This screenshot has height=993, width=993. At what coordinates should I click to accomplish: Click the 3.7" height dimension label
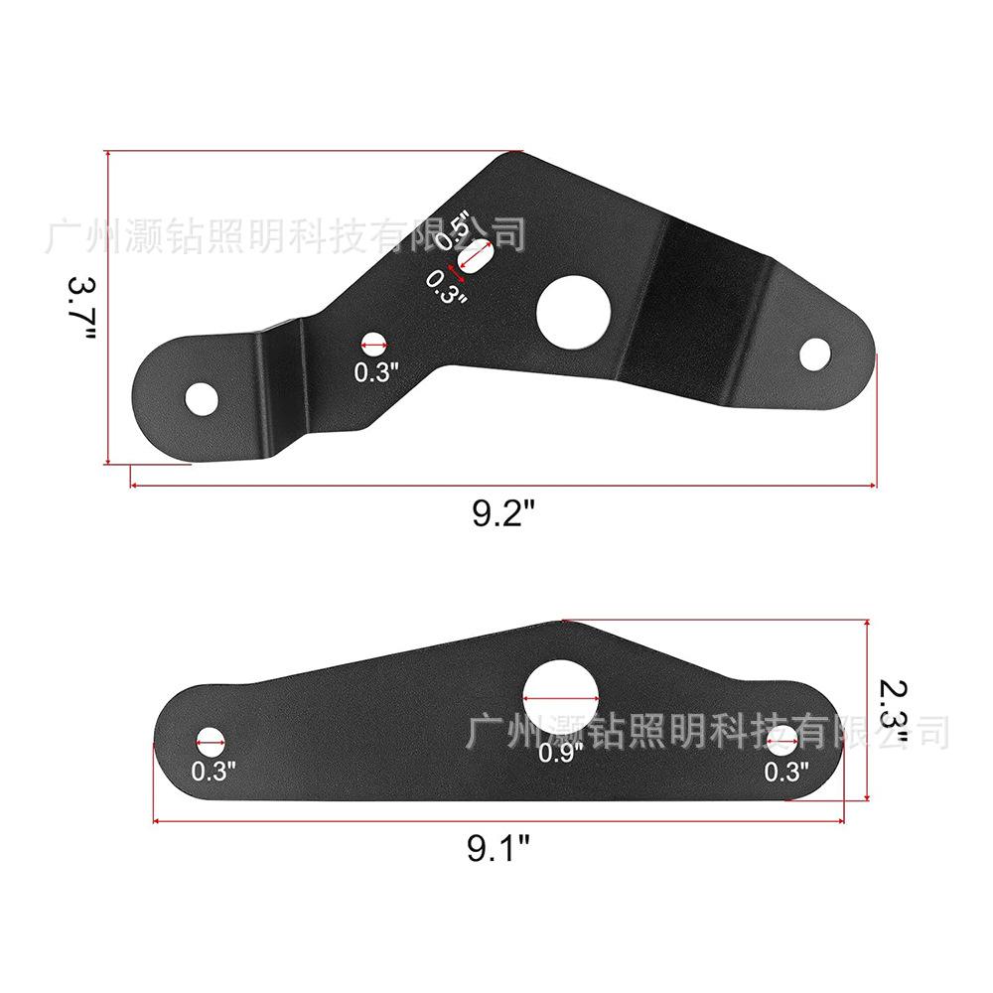pyautogui.click(x=81, y=307)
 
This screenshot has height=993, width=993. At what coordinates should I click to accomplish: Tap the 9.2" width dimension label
pyautogui.click(x=503, y=512)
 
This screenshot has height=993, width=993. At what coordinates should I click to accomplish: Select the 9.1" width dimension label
pyautogui.click(x=498, y=848)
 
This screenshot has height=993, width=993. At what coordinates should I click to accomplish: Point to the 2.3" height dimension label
pyautogui.click(x=894, y=712)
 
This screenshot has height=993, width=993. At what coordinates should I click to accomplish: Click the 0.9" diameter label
pyautogui.click(x=560, y=753)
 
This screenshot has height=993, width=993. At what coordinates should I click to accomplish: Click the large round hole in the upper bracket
pyautogui.click(x=573, y=312)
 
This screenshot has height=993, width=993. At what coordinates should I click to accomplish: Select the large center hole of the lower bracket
pyautogui.click(x=560, y=697)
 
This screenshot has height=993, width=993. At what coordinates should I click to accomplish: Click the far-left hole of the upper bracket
pyautogui.click(x=202, y=399)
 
